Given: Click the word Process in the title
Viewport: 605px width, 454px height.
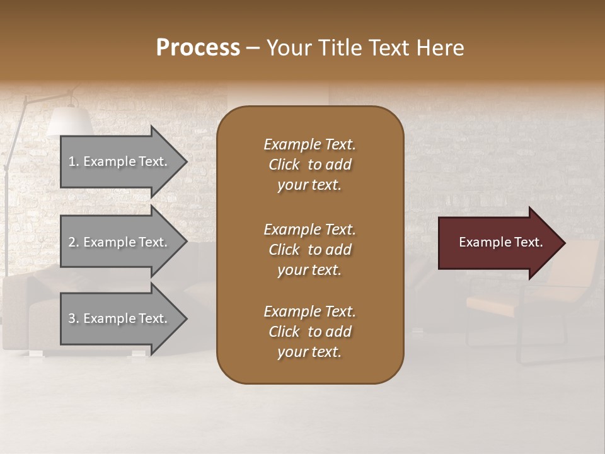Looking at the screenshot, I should [x=198, y=47].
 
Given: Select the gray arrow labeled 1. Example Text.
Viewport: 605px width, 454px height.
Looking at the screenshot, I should [x=118, y=161].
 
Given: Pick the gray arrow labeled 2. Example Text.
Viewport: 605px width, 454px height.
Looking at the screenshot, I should [x=118, y=242].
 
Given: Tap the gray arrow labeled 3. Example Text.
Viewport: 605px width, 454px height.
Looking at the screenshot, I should [x=118, y=318].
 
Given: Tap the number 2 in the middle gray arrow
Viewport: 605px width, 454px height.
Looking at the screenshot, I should [x=72, y=242].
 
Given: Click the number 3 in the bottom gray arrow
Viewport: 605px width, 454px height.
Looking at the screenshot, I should [x=72, y=318].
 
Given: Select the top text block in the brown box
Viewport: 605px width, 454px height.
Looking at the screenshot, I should [x=309, y=165].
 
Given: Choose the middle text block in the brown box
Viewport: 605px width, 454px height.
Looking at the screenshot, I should [x=309, y=250].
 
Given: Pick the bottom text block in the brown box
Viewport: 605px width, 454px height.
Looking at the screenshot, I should [x=309, y=332].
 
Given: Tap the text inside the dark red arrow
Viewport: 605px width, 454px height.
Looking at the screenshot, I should [x=500, y=242].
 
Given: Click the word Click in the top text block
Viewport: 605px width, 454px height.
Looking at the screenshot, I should [x=284, y=165].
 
